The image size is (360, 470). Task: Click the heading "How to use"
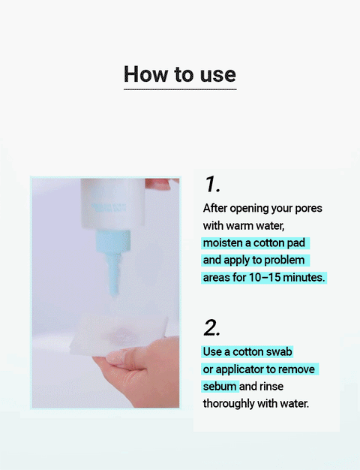pos(179,74)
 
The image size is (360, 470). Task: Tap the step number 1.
pos(211,185)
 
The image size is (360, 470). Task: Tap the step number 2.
pos(212,328)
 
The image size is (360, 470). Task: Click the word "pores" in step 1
pos(306,208)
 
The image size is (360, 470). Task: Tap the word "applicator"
pos(240,369)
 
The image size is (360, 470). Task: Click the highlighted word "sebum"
pos(220,387)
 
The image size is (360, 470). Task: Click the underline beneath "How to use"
pos(179,89)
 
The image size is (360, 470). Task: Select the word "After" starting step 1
pos(216,208)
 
